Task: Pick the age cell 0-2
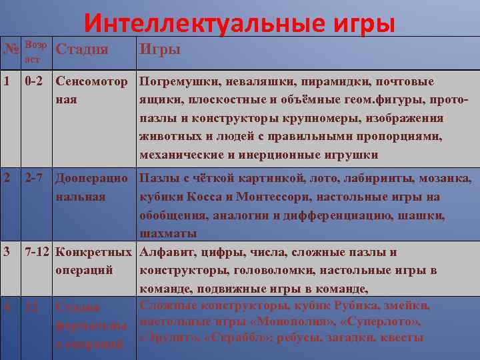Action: click(35, 82)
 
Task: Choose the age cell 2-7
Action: click(35, 179)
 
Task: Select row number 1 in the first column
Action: click(6, 82)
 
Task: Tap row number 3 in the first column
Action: click(6, 252)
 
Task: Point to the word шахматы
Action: click(168, 233)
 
